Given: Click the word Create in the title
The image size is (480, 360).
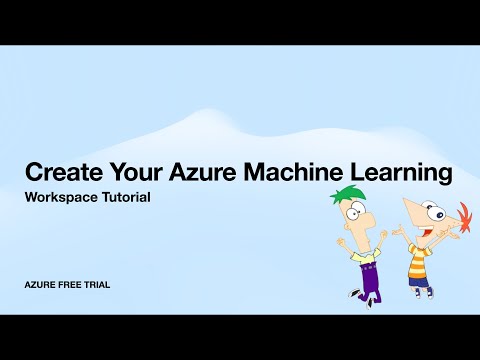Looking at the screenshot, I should click(x=59, y=172).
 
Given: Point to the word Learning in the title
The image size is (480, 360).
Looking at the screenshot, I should click(x=395, y=173).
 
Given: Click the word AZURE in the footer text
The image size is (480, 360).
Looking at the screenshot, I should click(x=42, y=285).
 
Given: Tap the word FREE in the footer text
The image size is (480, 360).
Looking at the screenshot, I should click(x=76, y=285).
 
